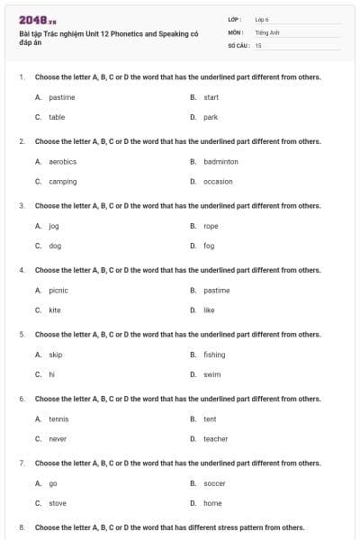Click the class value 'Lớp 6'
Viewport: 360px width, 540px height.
(262, 19)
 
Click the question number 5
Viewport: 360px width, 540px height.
(22, 334)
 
